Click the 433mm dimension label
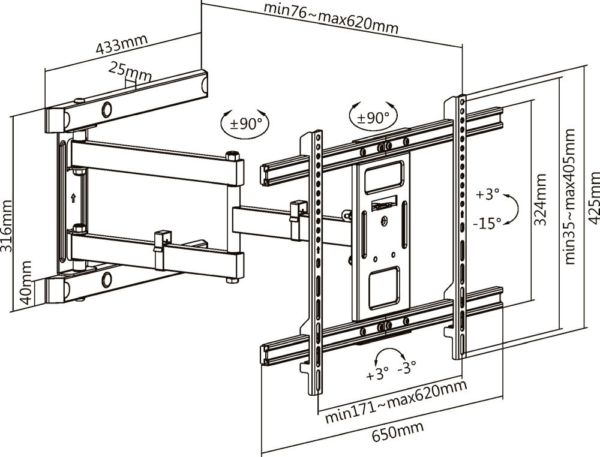click(x=122, y=43)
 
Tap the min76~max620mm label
click(x=331, y=17)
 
